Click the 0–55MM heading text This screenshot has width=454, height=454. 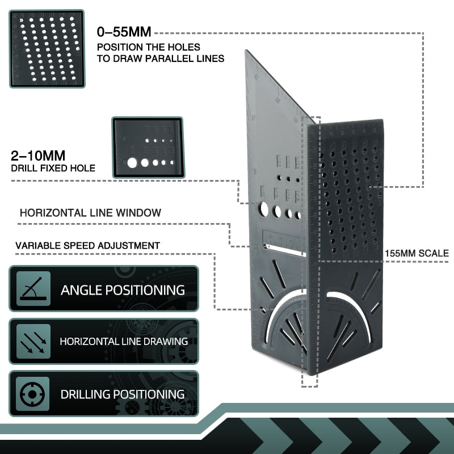coord(124,32)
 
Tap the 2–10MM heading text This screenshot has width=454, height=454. coord(37,155)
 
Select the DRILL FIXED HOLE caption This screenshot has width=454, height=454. coord(53,168)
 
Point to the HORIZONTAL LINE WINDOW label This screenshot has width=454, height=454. coord(90,213)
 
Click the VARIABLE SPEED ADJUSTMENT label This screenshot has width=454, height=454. coord(87,246)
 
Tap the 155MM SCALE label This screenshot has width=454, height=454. coord(417,254)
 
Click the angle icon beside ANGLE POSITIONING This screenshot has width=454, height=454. coord(33,288)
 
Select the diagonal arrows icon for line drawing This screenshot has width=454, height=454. coord(33,341)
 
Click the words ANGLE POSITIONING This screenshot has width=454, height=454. coord(123,290)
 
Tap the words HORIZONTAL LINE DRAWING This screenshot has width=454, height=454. coord(124,342)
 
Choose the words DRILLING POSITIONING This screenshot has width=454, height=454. coord(123,394)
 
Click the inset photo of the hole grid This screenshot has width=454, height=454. coord(47,49)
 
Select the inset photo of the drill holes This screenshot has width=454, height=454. coord(148,148)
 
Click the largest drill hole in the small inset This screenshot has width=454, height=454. coord(132,163)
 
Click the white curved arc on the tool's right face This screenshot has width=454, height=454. coord(348,297)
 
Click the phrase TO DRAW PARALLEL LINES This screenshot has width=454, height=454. coord(161,58)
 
